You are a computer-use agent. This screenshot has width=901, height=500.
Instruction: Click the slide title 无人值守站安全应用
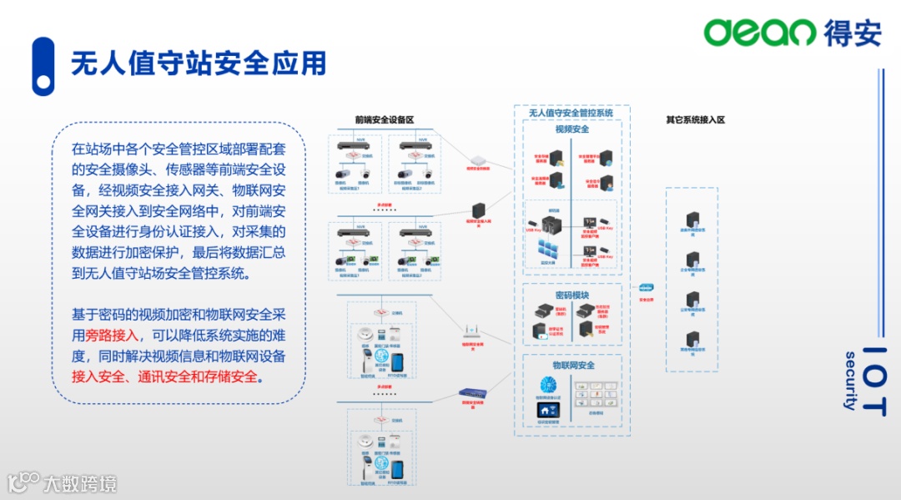coord(198,64)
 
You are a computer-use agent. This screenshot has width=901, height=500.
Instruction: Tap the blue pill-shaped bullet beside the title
coord(43,66)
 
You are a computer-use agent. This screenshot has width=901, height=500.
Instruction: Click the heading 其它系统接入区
coord(695,119)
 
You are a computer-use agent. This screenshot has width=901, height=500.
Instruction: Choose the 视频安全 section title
coord(572,129)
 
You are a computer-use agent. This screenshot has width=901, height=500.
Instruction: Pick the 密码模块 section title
coord(572,295)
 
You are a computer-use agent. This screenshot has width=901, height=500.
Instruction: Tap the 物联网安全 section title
coord(572,366)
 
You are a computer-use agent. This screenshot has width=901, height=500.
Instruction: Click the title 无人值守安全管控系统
coord(571,113)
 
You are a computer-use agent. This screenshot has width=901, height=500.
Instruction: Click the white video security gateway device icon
coord(478,159)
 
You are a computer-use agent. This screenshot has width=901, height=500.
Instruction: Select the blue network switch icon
coord(472,392)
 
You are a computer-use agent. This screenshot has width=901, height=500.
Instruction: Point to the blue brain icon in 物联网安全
coord(548,384)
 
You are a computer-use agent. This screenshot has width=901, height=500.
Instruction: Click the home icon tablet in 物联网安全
coord(548,410)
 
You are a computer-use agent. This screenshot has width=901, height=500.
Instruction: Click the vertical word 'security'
coord(850,381)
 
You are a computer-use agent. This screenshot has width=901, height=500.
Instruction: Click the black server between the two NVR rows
coord(479,210)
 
